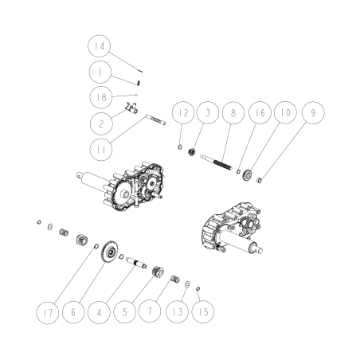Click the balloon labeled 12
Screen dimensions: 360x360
pyautogui.click(x=184, y=115)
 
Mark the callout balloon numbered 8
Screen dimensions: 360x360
pyautogui.click(x=233, y=115)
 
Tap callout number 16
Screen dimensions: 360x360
pyautogui.click(x=259, y=115)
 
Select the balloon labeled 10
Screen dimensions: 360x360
pyautogui.click(x=284, y=115)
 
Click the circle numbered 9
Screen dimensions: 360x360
pyautogui.click(x=313, y=115)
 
